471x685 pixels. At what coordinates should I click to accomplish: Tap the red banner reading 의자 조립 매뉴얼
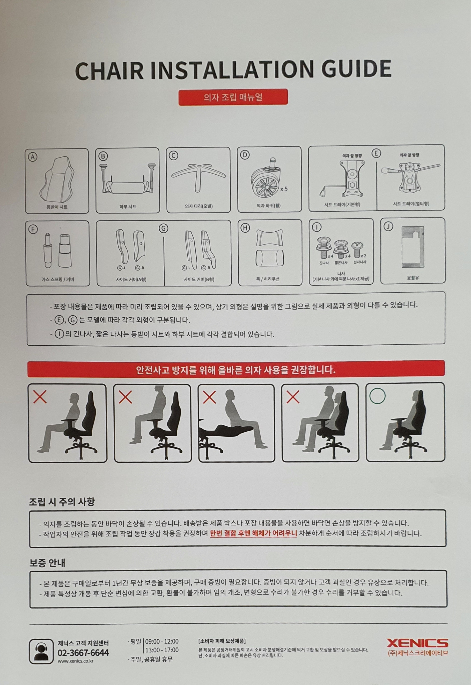pos(233,97)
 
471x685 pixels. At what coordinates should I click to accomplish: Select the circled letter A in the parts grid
pos(32,157)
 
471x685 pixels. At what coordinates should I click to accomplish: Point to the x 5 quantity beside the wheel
pos(284,189)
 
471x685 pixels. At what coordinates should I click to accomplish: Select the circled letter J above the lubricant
pos(388,226)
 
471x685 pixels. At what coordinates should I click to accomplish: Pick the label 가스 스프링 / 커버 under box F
pos(58,279)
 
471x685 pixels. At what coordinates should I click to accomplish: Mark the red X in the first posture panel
pos(40,397)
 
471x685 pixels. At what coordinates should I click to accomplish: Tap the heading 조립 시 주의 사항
pos(62,502)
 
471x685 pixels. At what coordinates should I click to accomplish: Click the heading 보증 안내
pos(47,563)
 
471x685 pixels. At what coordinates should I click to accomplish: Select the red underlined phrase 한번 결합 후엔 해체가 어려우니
pos(253,533)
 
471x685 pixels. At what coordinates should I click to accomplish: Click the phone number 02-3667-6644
pos(83,653)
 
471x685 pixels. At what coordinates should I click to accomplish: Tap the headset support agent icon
pos(41,651)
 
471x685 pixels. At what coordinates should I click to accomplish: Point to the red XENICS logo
pos(417,643)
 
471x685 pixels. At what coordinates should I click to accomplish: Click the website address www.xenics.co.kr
pos(76,661)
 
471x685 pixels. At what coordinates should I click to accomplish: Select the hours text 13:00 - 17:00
pos(162,650)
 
